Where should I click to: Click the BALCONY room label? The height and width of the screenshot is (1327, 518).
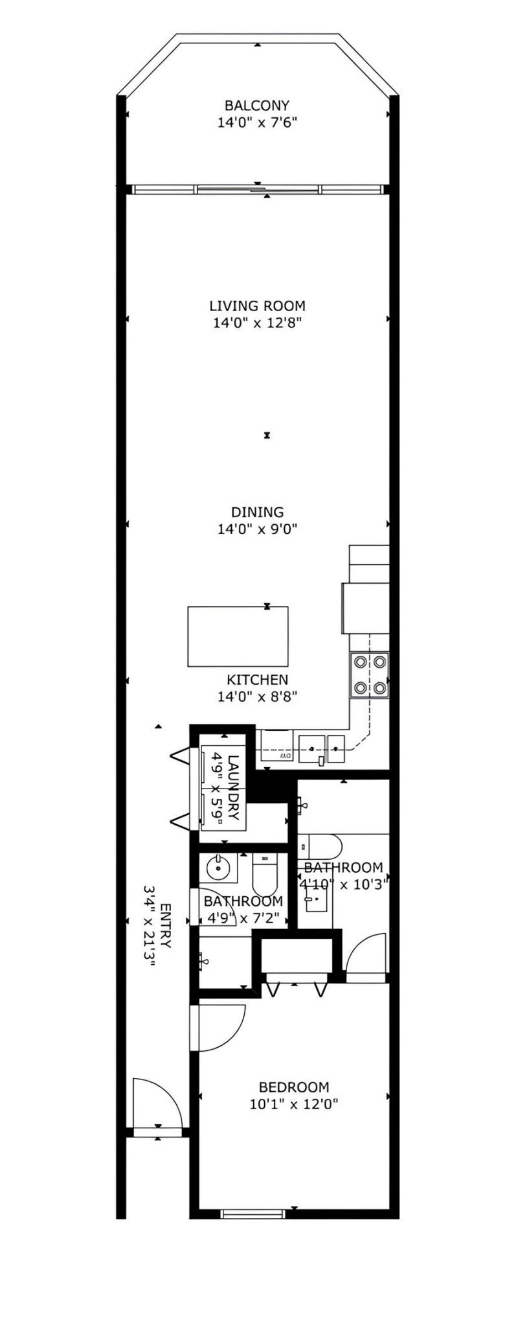tap(256, 105)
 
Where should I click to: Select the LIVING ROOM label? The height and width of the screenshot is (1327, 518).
tap(257, 306)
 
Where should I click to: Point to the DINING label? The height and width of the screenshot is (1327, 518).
tap(257, 512)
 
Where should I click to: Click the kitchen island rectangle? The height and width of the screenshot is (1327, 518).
tap(238, 636)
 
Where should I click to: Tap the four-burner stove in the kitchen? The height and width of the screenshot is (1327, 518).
tap(370, 675)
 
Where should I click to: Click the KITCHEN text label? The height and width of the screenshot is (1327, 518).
tap(257, 680)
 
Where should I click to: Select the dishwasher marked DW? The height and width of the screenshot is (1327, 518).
tap(278, 746)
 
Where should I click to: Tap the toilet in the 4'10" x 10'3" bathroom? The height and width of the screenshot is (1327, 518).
tap(324, 847)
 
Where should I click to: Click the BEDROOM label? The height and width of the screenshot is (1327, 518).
tap(293, 1087)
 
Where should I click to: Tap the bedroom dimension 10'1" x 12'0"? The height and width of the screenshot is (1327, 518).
tap(293, 1104)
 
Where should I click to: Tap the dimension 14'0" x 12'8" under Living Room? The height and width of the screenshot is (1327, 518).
tap(257, 323)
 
